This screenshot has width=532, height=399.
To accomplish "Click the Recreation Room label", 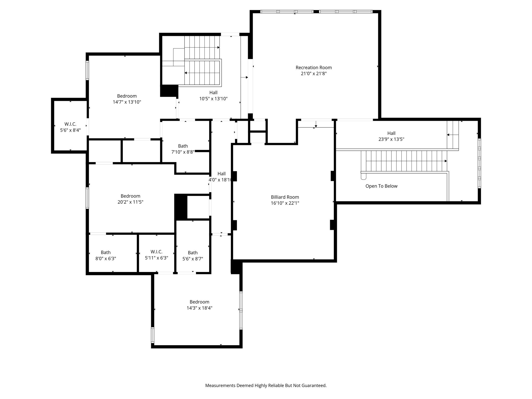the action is click(x=314, y=70).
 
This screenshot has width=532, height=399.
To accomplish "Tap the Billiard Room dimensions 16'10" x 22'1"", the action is click(x=285, y=203).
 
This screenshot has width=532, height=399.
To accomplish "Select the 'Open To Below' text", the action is click(x=381, y=186).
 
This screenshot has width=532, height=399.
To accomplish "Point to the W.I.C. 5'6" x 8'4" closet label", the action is click(x=70, y=127).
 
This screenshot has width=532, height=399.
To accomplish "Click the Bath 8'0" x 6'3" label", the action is click(x=106, y=255).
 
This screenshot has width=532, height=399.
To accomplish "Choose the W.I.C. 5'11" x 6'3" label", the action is click(x=156, y=255).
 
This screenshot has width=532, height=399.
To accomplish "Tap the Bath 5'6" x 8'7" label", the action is click(x=193, y=256).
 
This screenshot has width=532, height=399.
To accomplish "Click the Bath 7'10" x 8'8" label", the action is click(x=183, y=149).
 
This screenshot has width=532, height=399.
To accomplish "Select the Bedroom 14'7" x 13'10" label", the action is click(x=127, y=99).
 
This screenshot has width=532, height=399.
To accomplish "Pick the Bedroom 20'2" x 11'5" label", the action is click(x=130, y=199).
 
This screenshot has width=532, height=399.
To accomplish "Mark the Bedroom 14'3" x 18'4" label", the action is click(x=199, y=305).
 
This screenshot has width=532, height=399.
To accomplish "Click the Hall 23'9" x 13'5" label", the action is click(x=391, y=136).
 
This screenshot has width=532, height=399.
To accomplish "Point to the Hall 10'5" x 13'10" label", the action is click(x=213, y=95).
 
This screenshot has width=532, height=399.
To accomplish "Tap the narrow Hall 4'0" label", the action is click(x=221, y=177).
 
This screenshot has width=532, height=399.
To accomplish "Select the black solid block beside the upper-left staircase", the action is click(x=169, y=91).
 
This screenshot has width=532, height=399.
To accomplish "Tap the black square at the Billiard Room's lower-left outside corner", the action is click(x=236, y=267).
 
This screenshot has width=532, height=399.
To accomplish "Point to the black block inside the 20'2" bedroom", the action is click(x=181, y=207).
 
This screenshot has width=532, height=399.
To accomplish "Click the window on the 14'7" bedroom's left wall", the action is click(x=87, y=70).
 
